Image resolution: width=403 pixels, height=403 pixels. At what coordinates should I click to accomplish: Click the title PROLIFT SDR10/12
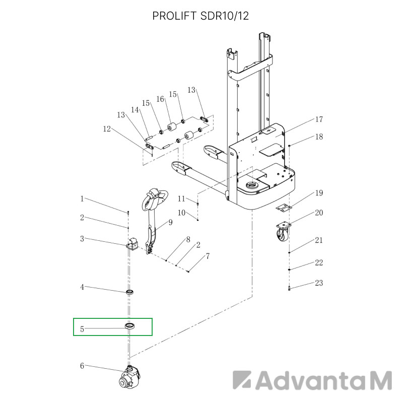pyautogui.click(x=201, y=16)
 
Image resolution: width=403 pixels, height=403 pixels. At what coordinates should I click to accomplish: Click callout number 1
pyautogui.click(x=82, y=199)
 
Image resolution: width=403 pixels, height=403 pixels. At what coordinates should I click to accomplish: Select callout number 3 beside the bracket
pyautogui.click(x=82, y=239)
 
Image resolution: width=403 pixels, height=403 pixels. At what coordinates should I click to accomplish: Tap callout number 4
pyautogui.click(x=82, y=287)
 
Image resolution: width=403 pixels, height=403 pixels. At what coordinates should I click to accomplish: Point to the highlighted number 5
pyautogui.click(x=82, y=330)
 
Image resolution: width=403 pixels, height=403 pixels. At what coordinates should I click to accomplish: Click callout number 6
pyautogui.click(x=82, y=366)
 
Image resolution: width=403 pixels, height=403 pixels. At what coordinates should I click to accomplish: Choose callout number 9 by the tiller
pyautogui.click(x=170, y=222)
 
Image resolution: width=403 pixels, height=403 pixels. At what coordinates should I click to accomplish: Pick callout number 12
pyautogui.click(x=106, y=129)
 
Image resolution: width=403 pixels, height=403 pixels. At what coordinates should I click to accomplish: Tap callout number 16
pyautogui.click(x=160, y=99)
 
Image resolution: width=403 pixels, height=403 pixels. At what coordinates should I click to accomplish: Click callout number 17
pyautogui.click(x=319, y=120)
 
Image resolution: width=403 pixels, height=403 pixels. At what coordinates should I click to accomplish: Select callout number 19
pyautogui.click(x=319, y=193)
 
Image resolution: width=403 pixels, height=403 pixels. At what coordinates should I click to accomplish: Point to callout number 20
pyautogui.click(x=319, y=213)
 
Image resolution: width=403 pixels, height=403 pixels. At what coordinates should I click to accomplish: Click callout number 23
pyautogui.click(x=319, y=283)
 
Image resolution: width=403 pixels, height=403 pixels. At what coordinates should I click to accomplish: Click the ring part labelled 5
pyautogui.click(x=130, y=326)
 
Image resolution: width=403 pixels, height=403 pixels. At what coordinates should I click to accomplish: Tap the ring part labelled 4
pyautogui.click(x=130, y=292)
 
